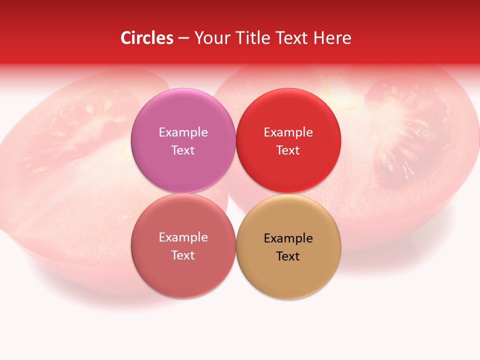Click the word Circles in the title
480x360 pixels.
click(146, 38)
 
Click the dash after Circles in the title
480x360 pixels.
click(183, 38)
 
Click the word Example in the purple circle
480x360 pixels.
click(183, 132)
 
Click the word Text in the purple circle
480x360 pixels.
click(183, 150)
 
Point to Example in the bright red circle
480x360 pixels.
click(288, 132)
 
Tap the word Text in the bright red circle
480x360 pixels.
click(288, 150)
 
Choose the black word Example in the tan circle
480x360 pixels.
click(288, 238)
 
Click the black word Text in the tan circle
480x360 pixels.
click(288, 256)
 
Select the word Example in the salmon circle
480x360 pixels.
click(183, 237)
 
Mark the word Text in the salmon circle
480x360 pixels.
click(183, 255)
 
